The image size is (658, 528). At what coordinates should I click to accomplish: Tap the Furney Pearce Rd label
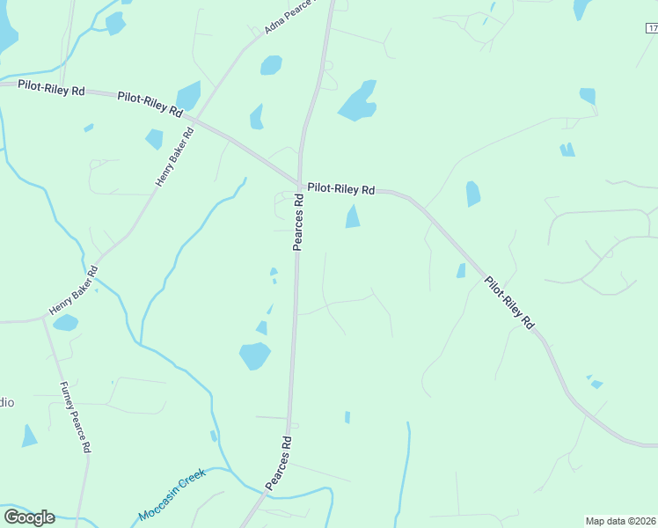click(x=75, y=416)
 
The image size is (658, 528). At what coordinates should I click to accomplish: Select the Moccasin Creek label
click(x=172, y=495)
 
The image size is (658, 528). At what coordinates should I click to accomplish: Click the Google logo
click(x=29, y=517)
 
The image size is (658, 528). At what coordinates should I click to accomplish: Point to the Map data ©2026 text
click(x=621, y=521)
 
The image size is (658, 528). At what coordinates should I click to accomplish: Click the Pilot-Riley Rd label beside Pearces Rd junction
click(x=340, y=189)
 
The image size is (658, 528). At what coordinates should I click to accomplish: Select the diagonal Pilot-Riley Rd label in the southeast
click(x=510, y=302)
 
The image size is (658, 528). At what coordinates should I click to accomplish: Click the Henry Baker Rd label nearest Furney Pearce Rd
click(x=74, y=290)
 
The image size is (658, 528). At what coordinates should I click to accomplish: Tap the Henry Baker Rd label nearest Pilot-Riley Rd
click(x=174, y=157)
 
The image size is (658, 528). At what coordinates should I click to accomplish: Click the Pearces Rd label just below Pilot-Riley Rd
click(x=298, y=223)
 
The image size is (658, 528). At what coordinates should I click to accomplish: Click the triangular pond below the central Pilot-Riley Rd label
click(x=353, y=216)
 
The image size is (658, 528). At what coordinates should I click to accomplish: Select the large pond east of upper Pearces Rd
click(x=358, y=101)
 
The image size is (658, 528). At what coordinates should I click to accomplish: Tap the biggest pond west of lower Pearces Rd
click(x=254, y=356)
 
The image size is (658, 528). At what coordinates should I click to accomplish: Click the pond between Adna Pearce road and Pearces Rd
click(x=271, y=65)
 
